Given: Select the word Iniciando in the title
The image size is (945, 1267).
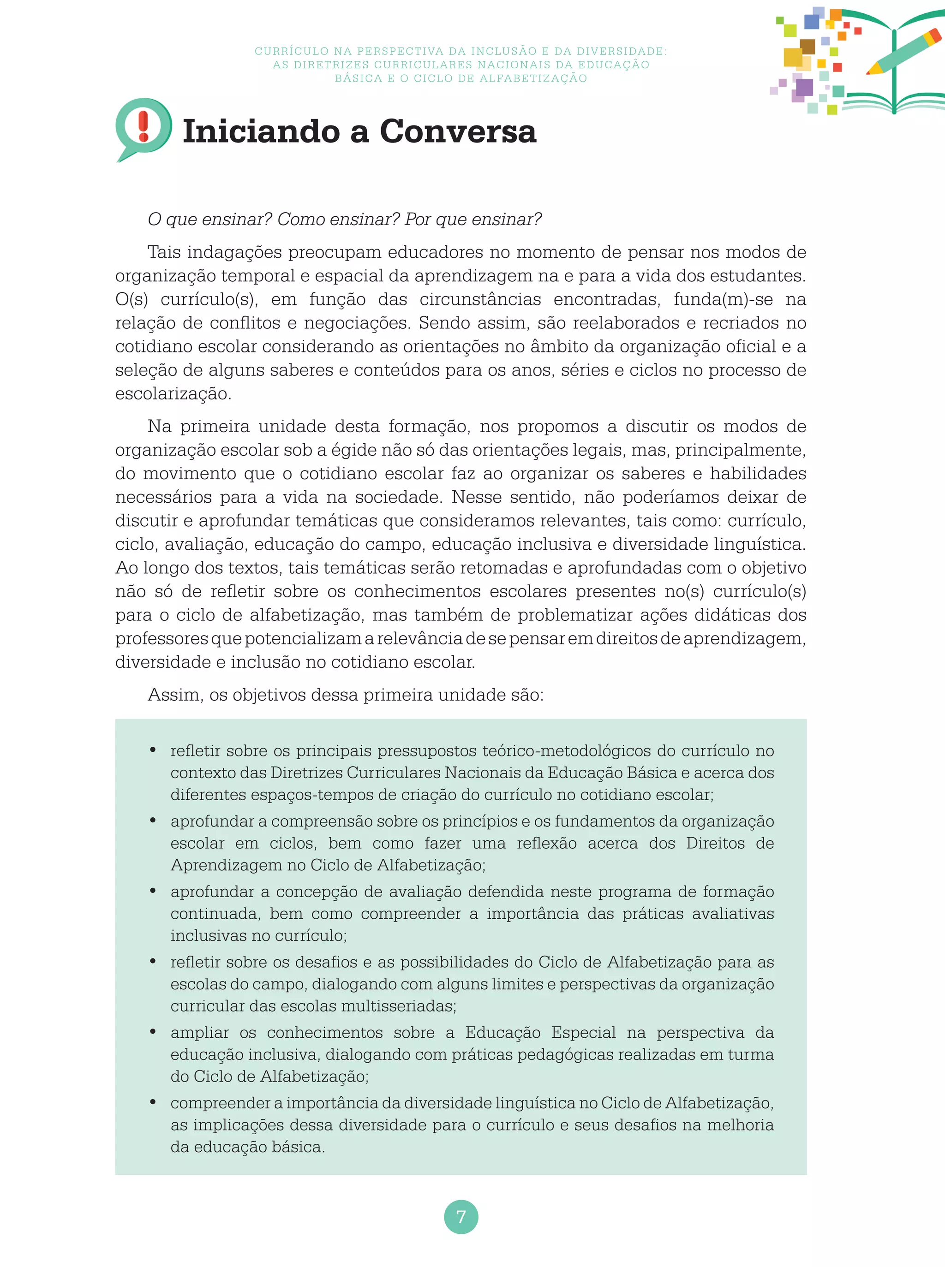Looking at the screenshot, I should tap(261, 131).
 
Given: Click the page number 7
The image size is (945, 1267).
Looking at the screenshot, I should tap(461, 1216).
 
